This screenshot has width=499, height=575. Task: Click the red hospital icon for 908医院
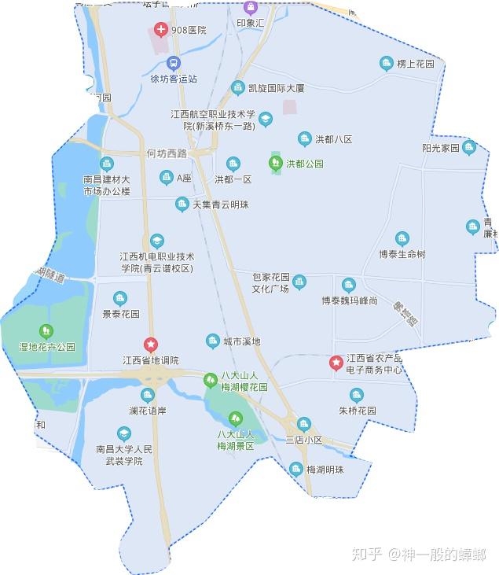pyautogui.click(x=161, y=30)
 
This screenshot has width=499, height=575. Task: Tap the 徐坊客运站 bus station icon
pyautogui.click(x=174, y=63)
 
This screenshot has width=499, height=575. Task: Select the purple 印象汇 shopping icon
pyautogui.click(x=251, y=8)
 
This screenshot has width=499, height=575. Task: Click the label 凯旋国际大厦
pyautogui.click(x=276, y=88)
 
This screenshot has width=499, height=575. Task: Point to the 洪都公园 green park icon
pyautogui.click(x=275, y=164)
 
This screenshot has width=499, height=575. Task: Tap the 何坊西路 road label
pyautogui.click(x=172, y=153)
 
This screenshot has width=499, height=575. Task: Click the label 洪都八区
pyautogui.click(x=334, y=139)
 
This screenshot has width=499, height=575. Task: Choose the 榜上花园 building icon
pyautogui.click(x=386, y=63)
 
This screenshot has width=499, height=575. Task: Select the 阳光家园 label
pyautogui.click(x=439, y=147)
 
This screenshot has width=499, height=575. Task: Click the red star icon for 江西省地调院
pyautogui.click(x=151, y=345)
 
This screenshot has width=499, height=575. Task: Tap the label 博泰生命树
pyautogui.click(x=402, y=254)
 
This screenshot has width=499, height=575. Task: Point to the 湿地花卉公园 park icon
pyautogui.click(x=46, y=331)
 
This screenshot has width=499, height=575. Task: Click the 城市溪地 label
pyautogui.click(x=241, y=341)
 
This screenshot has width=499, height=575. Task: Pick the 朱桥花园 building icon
pyautogui.click(x=358, y=395)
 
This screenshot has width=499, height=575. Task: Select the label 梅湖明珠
pyautogui.click(x=325, y=470)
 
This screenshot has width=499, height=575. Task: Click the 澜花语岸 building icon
pyautogui.click(x=147, y=395)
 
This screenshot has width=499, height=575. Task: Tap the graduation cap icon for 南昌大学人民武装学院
pyautogui.click(x=123, y=433)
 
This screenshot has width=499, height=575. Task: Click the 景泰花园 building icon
pyautogui.click(x=120, y=298)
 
